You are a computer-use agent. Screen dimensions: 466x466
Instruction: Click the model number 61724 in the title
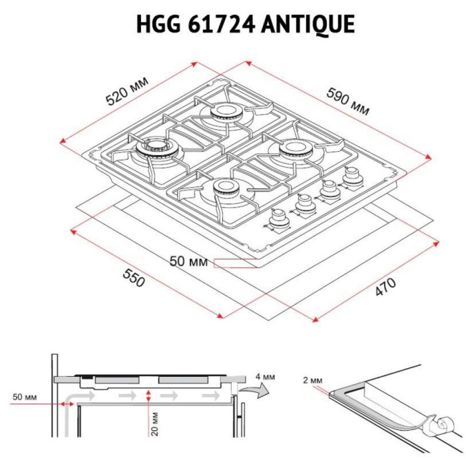(x=222, y=24)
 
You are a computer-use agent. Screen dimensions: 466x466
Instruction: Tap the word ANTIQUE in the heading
(x=308, y=25)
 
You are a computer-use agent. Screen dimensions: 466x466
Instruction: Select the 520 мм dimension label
(x=127, y=91)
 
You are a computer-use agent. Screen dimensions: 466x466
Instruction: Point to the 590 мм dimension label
(x=348, y=101)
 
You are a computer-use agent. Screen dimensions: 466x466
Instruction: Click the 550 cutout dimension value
(x=134, y=278)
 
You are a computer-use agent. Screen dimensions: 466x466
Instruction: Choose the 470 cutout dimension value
(x=385, y=287)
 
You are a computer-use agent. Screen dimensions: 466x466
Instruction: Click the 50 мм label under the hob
(x=188, y=262)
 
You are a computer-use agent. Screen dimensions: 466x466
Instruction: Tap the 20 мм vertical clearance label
(x=155, y=424)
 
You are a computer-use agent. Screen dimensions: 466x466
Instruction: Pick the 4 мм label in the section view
(x=265, y=377)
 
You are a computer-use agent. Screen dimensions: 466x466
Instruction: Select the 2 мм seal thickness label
(x=313, y=380)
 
